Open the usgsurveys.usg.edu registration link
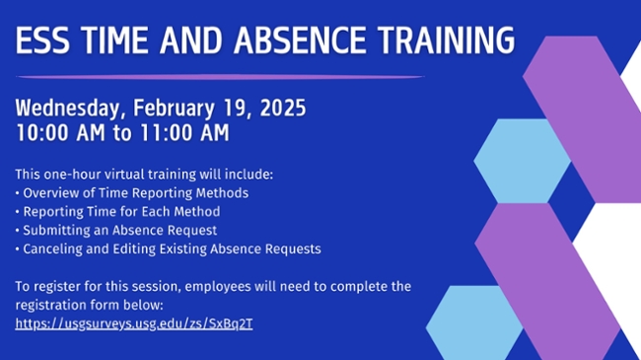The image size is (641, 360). [134, 324]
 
